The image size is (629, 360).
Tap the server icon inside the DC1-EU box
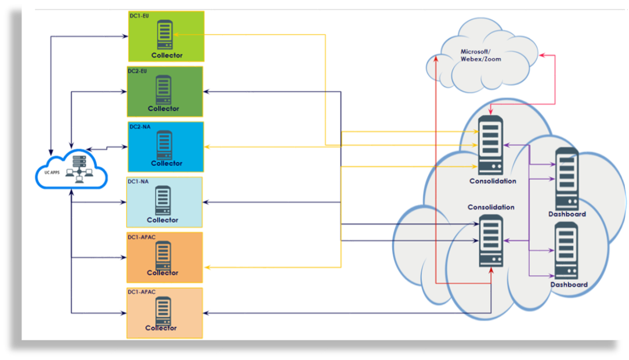(x=164, y=35)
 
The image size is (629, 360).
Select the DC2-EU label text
(x=138, y=71)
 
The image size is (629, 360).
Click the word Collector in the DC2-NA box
(x=167, y=163)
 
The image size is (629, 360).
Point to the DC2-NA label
(x=138, y=126)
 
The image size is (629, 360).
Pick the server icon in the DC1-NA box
(x=163, y=200)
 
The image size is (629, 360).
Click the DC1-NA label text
(x=138, y=181)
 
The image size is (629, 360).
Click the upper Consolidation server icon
(x=490, y=145)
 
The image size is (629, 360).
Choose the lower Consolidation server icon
(x=491, y=240)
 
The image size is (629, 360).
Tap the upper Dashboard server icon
(x=567, y=179)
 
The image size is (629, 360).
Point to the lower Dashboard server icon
(x=566, y=250)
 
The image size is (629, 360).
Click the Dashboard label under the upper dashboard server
(x=567, y=214)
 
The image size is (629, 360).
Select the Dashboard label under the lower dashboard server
(x=569, y=285)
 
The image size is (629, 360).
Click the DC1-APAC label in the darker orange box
(x=142, y=237)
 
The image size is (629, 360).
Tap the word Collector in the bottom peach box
(x=161, y=328)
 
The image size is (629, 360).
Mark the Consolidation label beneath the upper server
(x=493, y=181)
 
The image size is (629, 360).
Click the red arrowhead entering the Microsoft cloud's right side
(x=542, y=55)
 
